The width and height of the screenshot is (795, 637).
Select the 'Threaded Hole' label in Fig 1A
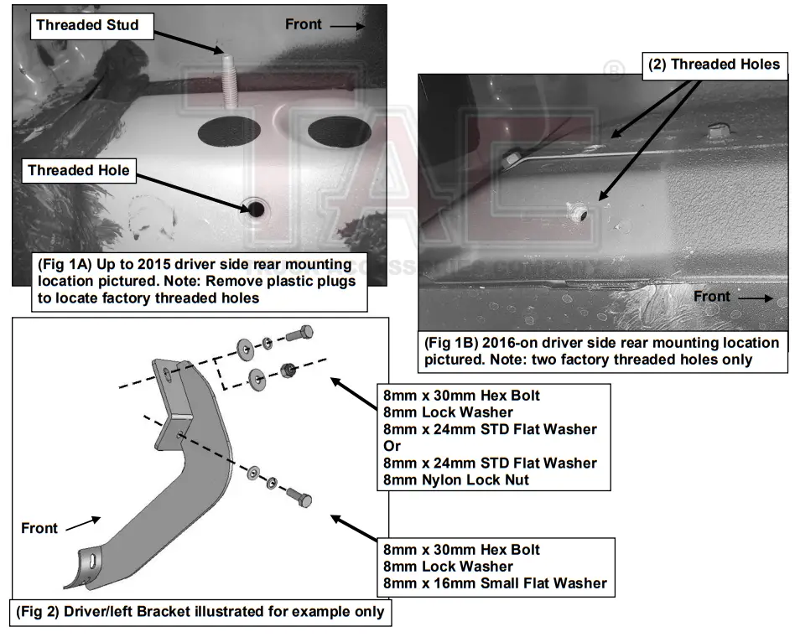pyautogui.click(x=79, y=170)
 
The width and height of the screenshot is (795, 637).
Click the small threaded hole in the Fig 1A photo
pyautogui.click(x=253, y=207)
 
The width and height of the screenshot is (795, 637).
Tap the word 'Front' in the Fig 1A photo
pyautogui.click(x=303, y=24)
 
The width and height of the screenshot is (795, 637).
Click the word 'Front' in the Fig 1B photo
pyautogui.click(x=711, y=297)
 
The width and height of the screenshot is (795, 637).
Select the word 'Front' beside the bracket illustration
pyautogui.click(x=39, y=528)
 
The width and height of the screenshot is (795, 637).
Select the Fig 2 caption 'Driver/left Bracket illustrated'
pyautogui.click(x=200, y=611)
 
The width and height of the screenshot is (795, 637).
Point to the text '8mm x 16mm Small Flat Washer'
pyautogui.click(x=495, y=583)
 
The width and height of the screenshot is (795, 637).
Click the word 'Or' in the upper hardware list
pyautogui.click(x=391, y=446)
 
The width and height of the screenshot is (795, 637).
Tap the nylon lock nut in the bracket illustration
pyautogui.click(x=288, y=369)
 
